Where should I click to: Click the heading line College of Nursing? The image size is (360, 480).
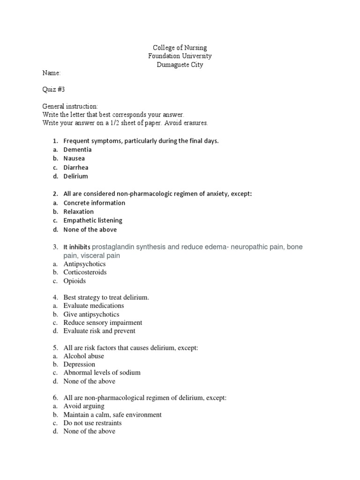coord(180,48)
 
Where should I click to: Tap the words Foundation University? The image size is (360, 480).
coord(180,56)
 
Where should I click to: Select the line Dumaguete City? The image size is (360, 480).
coord(180,65)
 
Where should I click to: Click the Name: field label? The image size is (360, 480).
coord(52,73)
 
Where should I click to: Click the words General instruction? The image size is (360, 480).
coord(70,106)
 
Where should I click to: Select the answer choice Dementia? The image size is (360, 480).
coord(78,150)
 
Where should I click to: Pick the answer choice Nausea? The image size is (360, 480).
coord(75,158)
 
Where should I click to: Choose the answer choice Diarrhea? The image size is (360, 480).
coord(76,167)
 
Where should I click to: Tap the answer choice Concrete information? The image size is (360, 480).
coord(94,203)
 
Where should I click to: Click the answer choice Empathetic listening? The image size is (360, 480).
coord(93,220)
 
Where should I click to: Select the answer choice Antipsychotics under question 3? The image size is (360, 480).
coord(85,264)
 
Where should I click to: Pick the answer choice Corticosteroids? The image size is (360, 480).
coord(85,272)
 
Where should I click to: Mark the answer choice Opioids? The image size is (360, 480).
coord(75,281)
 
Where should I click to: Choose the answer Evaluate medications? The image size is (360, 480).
coord(94,306)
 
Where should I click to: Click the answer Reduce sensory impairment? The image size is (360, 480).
coord(103,322)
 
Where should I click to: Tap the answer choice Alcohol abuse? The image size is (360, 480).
coord(83,356)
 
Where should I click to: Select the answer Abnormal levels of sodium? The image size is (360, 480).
coord(102,373)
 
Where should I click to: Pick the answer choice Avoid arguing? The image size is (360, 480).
coord(84,406)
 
